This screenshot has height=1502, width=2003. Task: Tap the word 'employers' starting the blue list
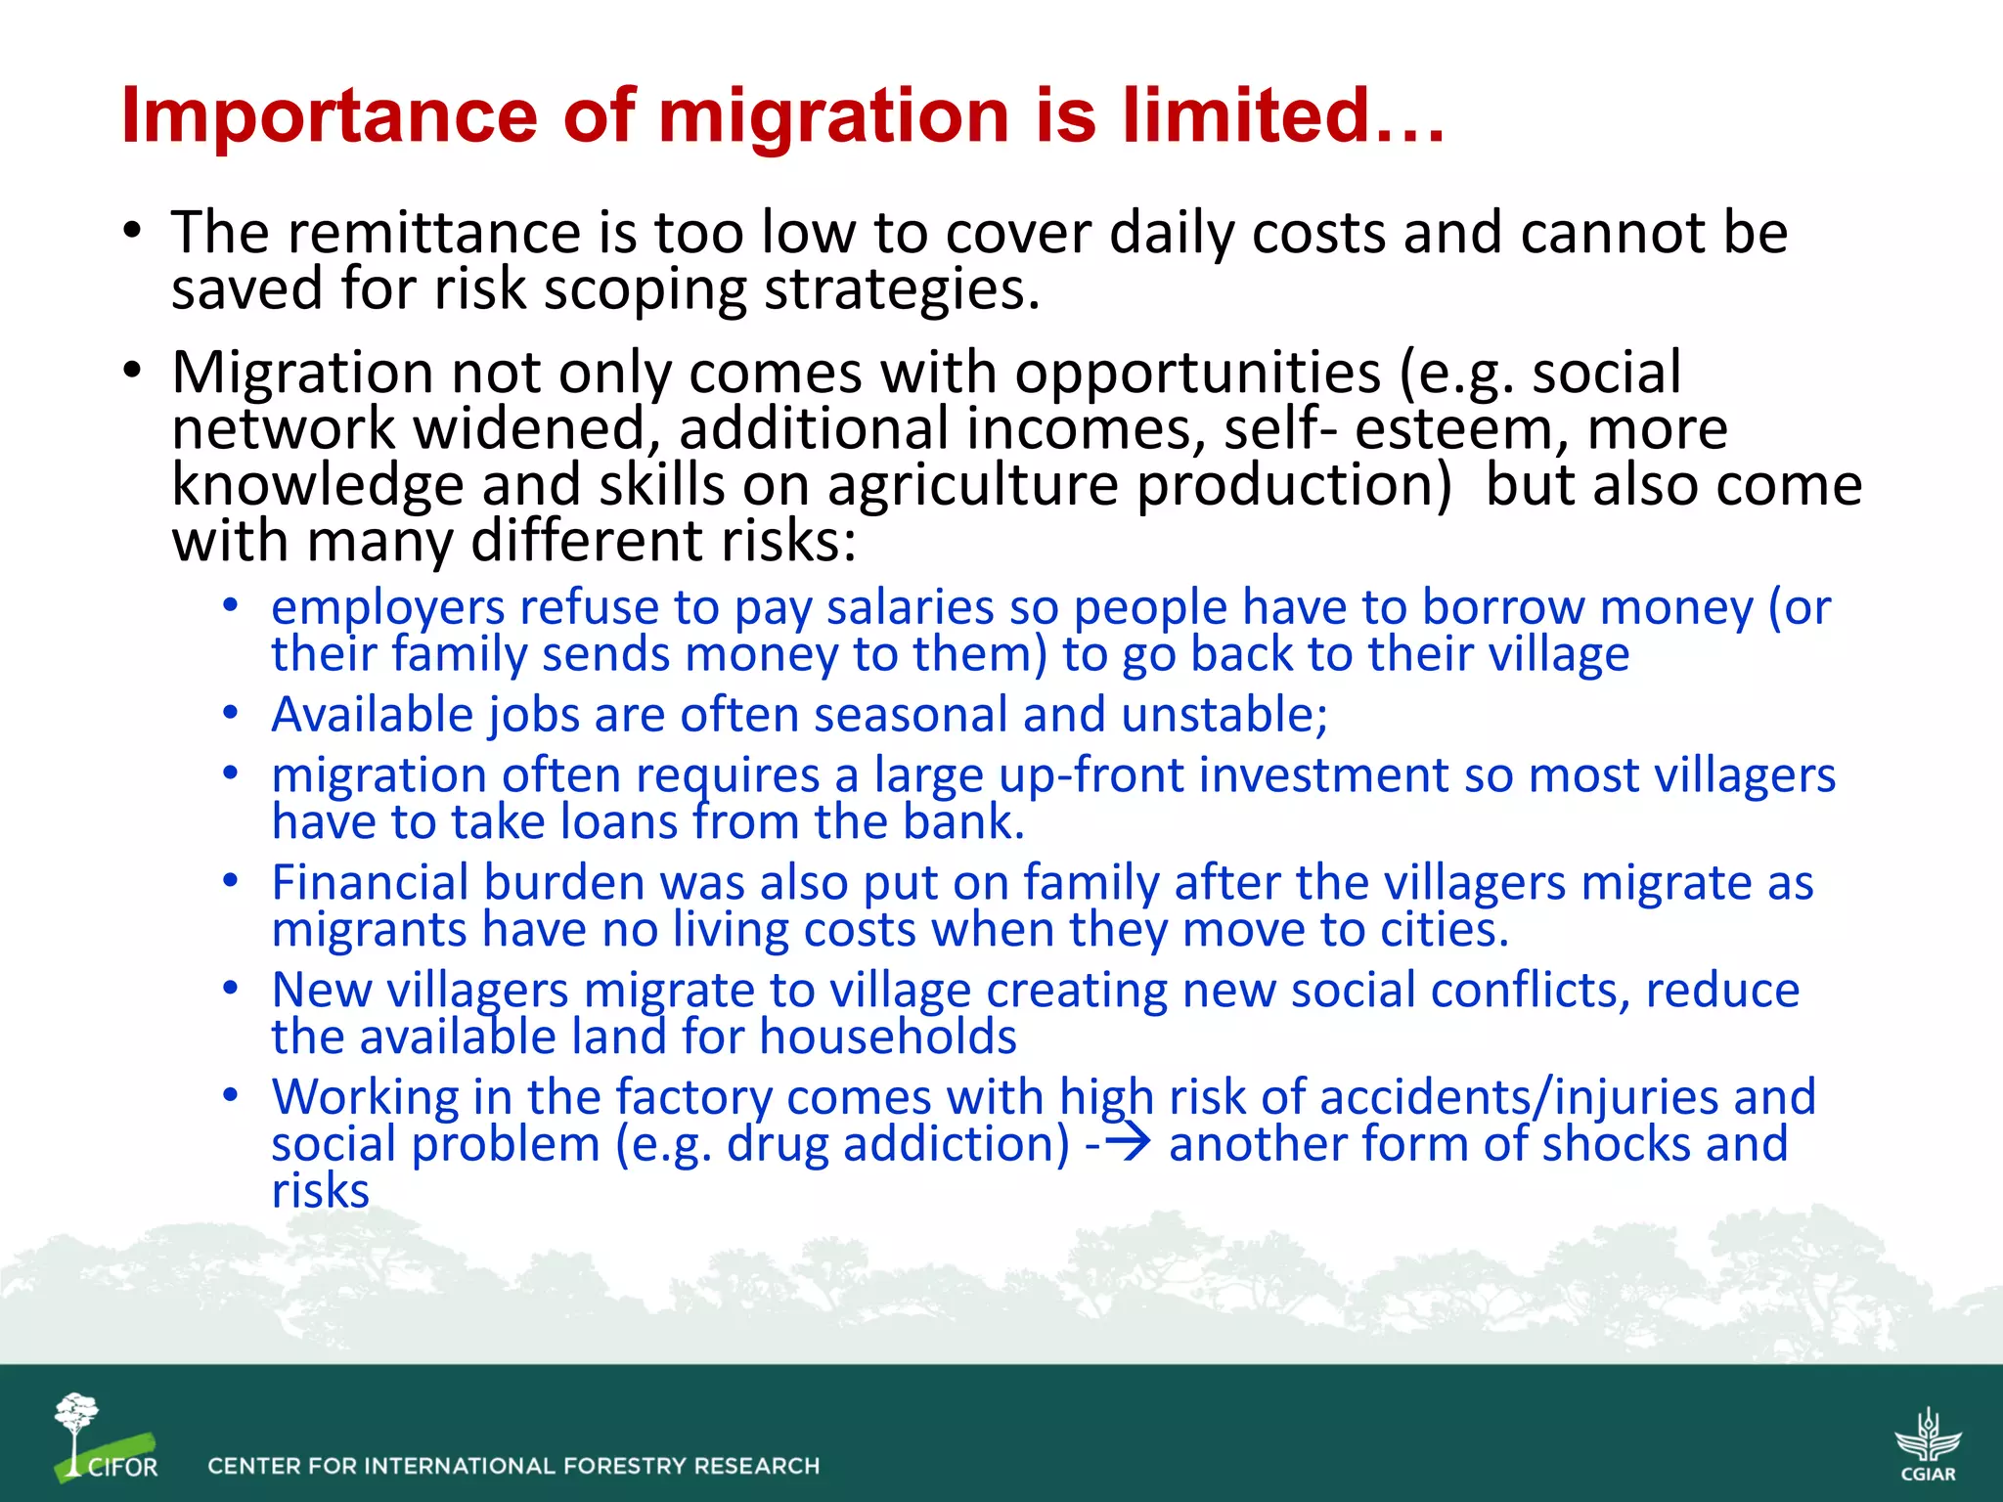(387, 607)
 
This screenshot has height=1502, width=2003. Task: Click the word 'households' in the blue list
(887, 1037)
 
